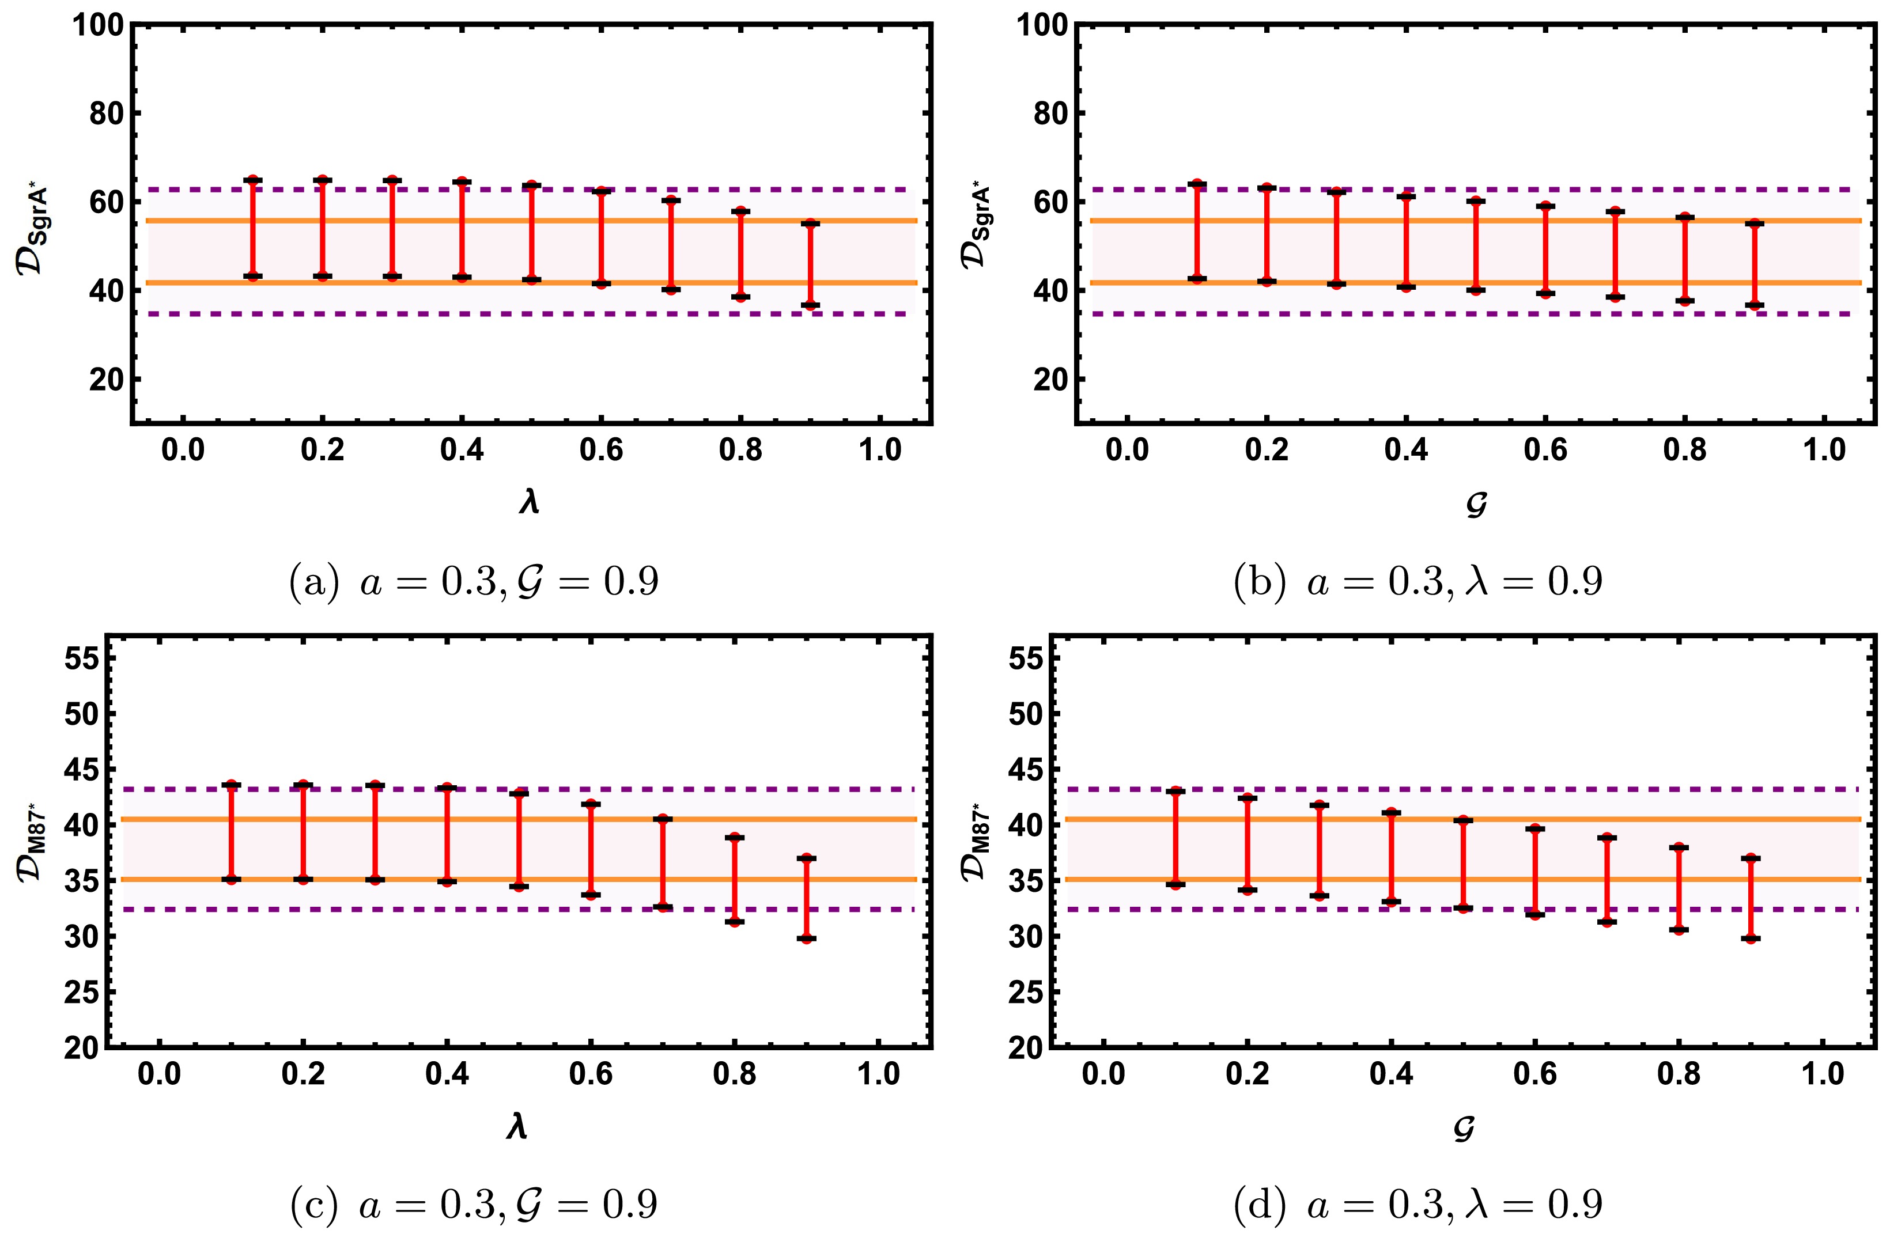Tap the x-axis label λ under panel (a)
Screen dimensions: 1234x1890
tap(530, 502)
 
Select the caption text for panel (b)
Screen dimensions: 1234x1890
tap(1417, 582)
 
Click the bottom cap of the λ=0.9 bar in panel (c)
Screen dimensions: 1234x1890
tap(807, 938)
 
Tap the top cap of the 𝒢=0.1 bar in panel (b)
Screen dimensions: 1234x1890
tap(1197, 184)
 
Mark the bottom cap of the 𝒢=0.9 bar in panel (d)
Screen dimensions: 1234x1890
tap(1750, 938)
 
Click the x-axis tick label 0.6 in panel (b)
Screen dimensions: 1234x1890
tap(1545, 451)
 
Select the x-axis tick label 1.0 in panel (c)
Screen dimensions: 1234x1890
tap(878, 1075)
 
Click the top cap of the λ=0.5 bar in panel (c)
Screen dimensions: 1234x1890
tap(519, 793)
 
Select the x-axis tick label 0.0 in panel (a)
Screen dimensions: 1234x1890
tap(183, 451)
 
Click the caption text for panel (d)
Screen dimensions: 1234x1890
tap(1417, 1205)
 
